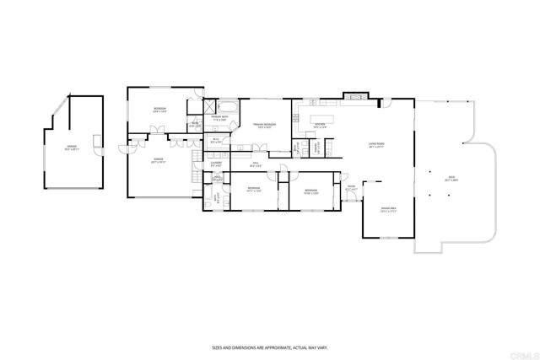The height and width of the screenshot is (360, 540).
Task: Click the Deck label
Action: click(x=452, y=177)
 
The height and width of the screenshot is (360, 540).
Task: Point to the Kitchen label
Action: click(x=320, y=124)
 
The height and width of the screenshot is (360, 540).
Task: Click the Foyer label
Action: click(x=351, y=188)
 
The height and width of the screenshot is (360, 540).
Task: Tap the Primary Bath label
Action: click(x=219, y=119)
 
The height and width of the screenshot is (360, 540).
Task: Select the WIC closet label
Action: click(x=216, y=140)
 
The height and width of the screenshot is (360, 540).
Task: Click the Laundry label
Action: click(x=216, y=164)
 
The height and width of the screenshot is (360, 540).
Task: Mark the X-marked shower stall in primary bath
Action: click(x=208, y=106)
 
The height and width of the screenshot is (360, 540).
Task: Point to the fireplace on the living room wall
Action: click(x=354, y=97)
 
